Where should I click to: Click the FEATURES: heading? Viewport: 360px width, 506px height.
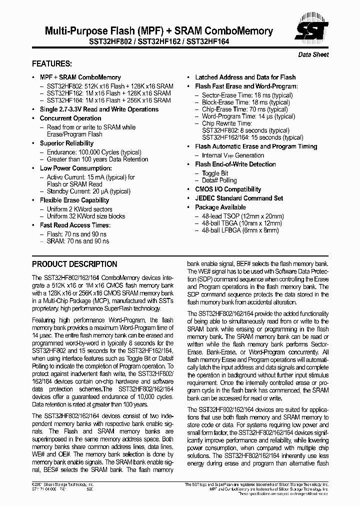[x=52, y=64]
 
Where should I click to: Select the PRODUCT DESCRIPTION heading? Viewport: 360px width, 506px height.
[x=74, y=264]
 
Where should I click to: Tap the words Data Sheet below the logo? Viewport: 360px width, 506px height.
[x=313, y=54]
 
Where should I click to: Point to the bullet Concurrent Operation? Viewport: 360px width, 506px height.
[x=70, y=118]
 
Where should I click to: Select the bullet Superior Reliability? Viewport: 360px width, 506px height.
[x=67, y=143]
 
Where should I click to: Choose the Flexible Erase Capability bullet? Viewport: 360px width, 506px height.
[x=74, y=200]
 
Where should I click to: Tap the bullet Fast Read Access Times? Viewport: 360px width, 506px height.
[x=74, y=225]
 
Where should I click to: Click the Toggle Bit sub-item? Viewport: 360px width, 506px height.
[x=215, y=173]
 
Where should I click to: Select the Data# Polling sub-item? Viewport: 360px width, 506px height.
[x=219, y=180]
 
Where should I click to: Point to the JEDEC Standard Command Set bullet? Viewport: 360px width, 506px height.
[x=239, y=198]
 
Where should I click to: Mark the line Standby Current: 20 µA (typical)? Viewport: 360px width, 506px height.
[x=88, y=191]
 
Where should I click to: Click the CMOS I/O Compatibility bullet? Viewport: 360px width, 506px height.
[x=228, y=189]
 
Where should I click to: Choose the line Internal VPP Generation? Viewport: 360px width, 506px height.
[x=232, y=155]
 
